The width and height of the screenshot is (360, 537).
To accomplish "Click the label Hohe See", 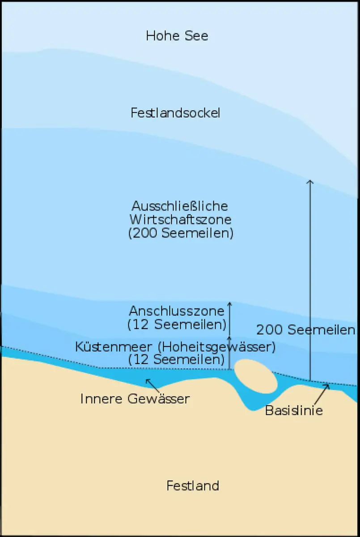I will (x=177, y=36).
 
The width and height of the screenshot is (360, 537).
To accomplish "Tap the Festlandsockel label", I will (x=175, y=113).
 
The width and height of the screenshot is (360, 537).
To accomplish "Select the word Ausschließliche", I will (x=180, y=206).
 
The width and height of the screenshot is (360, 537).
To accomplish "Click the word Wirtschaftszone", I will (x=180, y=220).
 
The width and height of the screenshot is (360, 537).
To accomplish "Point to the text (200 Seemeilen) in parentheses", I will (x=181, y=234).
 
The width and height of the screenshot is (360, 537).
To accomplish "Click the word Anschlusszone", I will (x=176, y=311).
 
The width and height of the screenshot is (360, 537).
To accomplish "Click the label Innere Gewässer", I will (x=135, y=399).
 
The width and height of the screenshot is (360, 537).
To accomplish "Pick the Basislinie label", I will (x=294, y=410).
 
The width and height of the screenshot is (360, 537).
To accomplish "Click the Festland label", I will (x=193, y=486).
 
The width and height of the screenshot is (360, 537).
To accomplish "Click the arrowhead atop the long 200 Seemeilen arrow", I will (x=310, y=181).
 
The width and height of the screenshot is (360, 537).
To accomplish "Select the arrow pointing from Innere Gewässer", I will (x=152, y=385).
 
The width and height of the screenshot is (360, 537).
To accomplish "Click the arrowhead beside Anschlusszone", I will (x=229, y=304).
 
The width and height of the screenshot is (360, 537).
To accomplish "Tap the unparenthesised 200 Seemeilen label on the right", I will (x=305, y=330).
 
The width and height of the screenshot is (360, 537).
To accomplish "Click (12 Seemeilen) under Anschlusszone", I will (x=176, y=324).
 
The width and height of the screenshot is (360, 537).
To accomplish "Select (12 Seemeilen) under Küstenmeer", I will (x=176, y=359).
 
